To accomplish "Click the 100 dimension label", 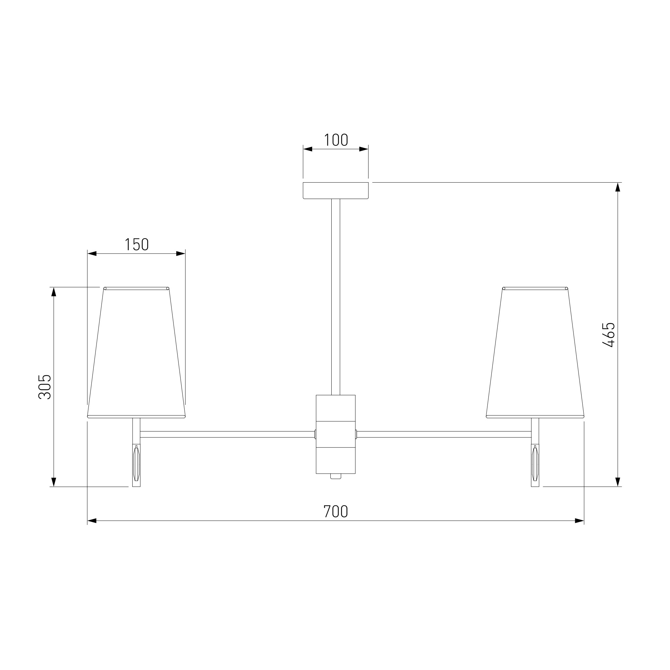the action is pyautogui.click(x=336, y=140).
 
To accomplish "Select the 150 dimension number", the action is pyautogui.click(x=137, y=244).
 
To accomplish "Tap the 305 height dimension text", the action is pyautogui.click(x=45, y=387).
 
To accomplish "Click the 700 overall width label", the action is pyautogui.click(x=335, y=512).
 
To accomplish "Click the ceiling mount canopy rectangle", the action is pyautogui.click(x=335, y=190).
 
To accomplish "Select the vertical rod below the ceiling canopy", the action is pyautogui.click(x=335, y=297).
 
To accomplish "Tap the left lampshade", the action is pyautogui.click(x=136, y=352).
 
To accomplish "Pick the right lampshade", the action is pyautogui.click(x=535, y=352).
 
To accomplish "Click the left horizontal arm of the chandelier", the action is pyautogui.click(x=227, y=434).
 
